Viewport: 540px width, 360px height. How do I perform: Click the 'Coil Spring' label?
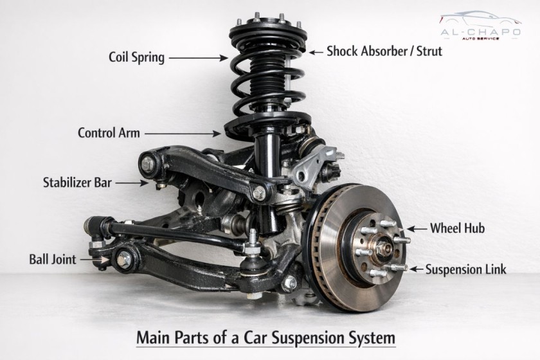point(136,57)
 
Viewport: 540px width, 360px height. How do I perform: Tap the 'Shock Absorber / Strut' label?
point(384,51)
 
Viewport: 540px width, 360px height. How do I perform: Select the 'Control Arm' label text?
point(109,133)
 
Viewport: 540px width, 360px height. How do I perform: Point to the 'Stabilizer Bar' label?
point(77,182)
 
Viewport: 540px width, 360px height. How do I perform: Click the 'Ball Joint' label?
point(53,260)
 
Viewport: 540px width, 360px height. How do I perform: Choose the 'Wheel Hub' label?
point(457,228)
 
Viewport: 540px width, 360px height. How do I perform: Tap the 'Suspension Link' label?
point(465,269)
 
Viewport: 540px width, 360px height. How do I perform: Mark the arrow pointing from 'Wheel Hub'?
point(416,228)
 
